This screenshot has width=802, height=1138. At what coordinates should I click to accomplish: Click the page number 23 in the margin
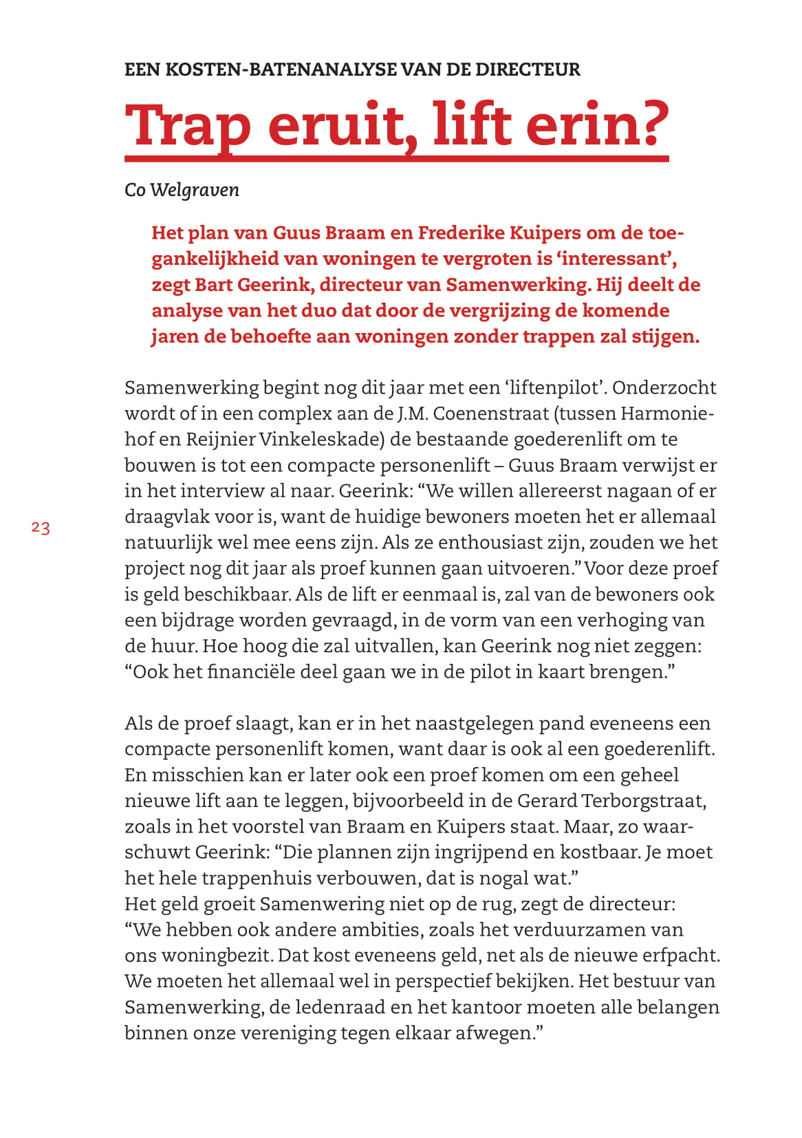(41, 528)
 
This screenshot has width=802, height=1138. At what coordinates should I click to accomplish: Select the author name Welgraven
(195, 190)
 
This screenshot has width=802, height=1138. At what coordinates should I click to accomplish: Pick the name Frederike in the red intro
(460, 233)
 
